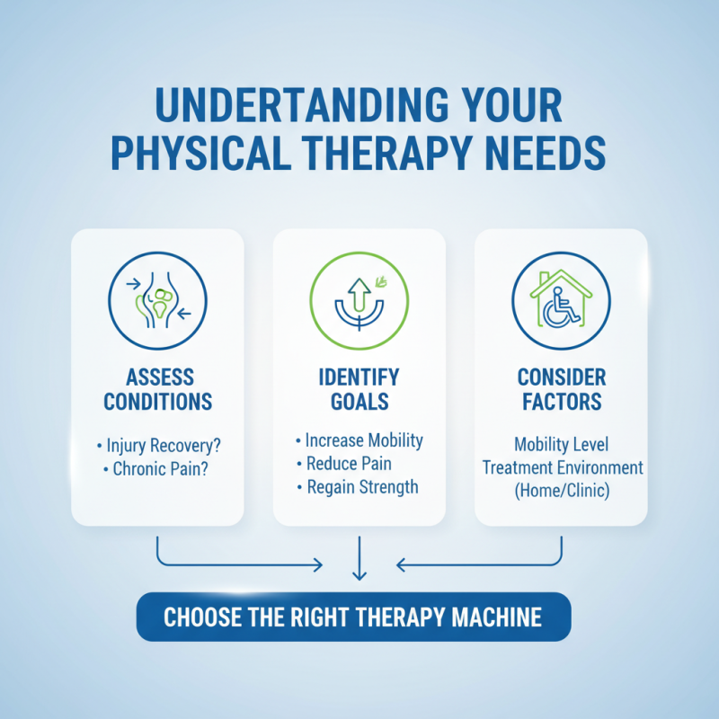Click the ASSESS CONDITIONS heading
[x=157, y=388]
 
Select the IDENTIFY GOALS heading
[x=359, y=388]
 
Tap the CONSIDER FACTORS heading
[x=561, y=388]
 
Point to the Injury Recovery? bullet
[x=160, y=445]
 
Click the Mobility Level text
[x=562, y=445]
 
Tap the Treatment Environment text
[x=563, y=468]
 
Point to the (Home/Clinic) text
[x=562, y=492]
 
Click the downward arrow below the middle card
[x=359, y=559]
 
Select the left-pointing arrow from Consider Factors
[x=476, y=564]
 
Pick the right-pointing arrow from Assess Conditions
[x=243, y=564]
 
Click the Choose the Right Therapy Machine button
[x=352, y=617]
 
